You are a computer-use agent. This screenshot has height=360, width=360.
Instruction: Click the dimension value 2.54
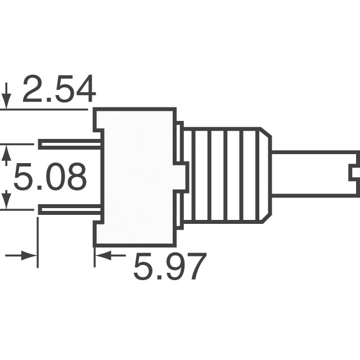pos(58,90)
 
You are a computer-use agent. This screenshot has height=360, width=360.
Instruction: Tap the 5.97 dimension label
pos(169,267)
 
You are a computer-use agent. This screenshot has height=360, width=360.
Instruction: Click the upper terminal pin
pos(70,145)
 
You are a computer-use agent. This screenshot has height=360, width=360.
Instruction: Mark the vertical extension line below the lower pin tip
pos(38,242)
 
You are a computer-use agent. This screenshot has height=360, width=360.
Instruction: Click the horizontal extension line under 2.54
pos(45,109)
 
